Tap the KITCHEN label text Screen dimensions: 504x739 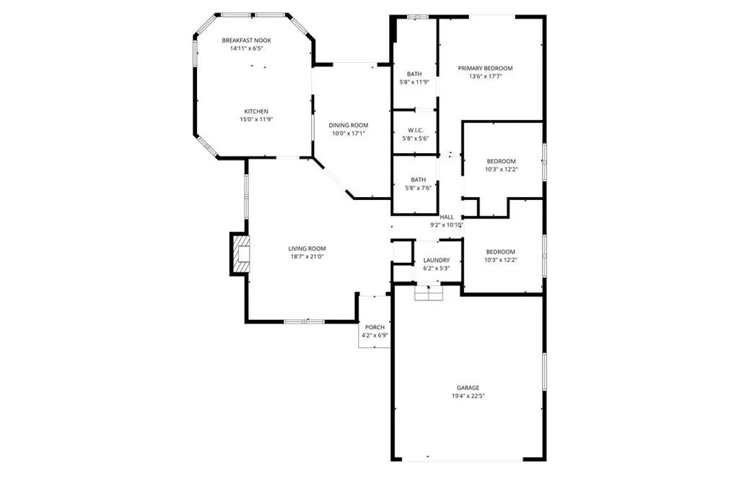click(255, 111)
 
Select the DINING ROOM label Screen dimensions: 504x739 click(349, 125)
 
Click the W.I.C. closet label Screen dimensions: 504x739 click(414, 130)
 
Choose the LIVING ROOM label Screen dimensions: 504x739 click(307, 248)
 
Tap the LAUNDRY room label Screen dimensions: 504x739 click(436, 260)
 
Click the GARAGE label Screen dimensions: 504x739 click(468, 388)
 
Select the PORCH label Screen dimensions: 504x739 click(375, 327)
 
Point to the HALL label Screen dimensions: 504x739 click(447, 217)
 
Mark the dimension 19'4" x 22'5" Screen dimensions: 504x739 click(468, 396)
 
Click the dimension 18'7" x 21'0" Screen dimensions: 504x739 click(307, 257)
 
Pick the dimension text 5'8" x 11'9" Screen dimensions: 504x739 click(414, 82)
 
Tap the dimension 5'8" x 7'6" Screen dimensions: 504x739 click(418, 188)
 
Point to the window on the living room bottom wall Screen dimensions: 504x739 click(304, 321)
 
